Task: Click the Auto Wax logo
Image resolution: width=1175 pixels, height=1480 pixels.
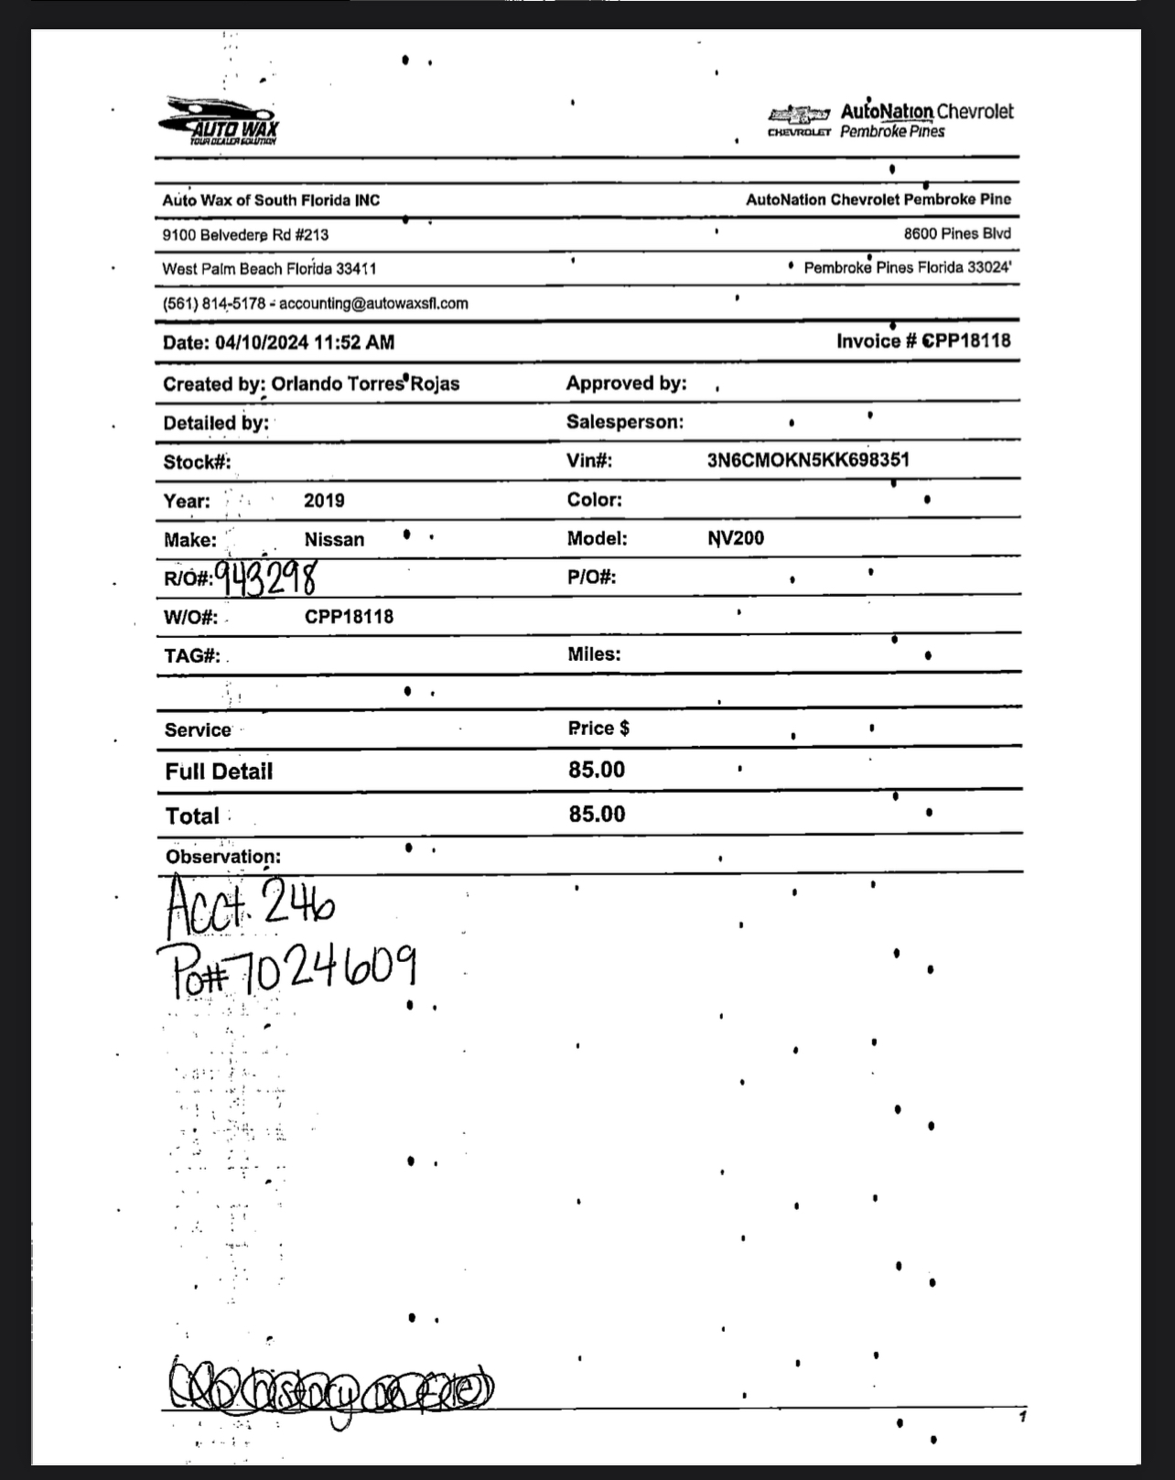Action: pos(219,121)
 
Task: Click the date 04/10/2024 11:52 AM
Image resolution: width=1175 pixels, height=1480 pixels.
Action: pos(306,342)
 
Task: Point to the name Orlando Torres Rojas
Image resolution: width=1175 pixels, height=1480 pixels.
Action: pos(365,384)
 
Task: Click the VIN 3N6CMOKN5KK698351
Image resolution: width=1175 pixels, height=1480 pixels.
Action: pos(808,459)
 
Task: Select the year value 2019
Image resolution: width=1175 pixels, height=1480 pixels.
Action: pos(324,501)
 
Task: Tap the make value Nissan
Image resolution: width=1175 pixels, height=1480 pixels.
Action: pos(334,540)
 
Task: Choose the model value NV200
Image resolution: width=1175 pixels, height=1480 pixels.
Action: pos(736,538)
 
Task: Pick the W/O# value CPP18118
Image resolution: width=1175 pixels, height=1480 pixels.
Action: pos(349,616)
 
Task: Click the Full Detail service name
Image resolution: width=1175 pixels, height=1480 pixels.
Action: pos(219,772)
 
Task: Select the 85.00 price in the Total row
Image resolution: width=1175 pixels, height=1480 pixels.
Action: pos(597,815)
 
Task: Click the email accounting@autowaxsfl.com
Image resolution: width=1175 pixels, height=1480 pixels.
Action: pos(373,303)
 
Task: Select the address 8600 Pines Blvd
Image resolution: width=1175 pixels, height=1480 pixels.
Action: pos(957,233)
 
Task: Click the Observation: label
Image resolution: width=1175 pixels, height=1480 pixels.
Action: pos(222,857)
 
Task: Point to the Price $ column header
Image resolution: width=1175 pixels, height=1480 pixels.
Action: pos(598,729)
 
